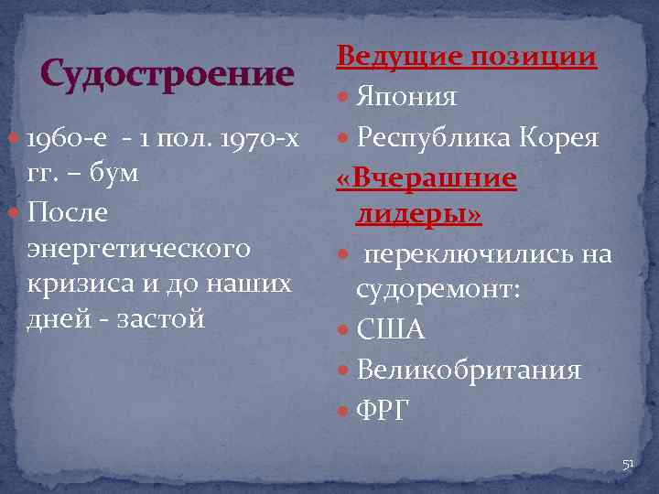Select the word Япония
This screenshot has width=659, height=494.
point(407,97)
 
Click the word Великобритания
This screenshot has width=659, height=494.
point(469,370)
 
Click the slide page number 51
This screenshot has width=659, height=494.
point(628,465)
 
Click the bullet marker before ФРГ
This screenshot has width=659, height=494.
point(344,411)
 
